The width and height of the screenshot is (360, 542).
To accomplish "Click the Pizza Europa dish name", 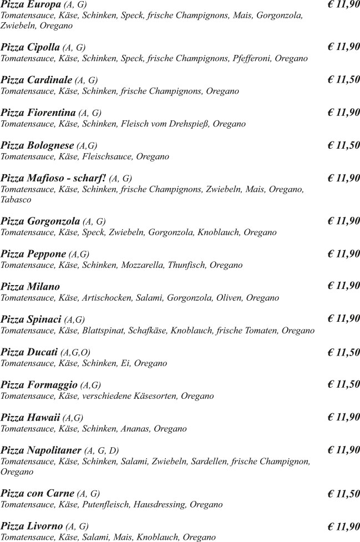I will pos(31,4).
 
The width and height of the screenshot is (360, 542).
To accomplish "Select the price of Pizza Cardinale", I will pos(343,80).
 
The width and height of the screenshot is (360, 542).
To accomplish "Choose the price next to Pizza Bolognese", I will pos(343,145).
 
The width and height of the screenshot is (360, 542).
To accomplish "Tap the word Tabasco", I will pos(16,200).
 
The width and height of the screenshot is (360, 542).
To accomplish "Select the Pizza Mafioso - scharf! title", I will pos(53,178).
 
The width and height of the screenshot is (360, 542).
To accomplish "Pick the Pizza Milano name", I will pos(31,287).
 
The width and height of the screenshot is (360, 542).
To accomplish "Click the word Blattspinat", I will pos(103,331).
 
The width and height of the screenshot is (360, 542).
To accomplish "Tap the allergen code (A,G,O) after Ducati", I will pos(75,352).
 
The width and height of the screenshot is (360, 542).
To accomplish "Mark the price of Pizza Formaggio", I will pos(343,384).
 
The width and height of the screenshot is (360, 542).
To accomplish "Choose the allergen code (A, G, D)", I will pos(102,450).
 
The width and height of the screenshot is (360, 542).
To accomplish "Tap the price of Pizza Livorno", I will pos(343,526).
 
